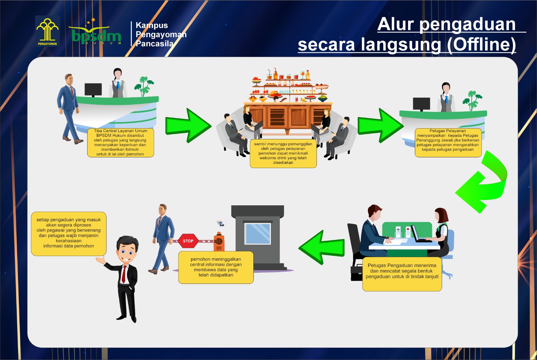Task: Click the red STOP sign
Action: [188, 241]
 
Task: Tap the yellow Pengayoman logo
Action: [47, 31]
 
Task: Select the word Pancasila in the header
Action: [154, 44]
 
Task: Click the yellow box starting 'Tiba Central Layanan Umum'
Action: [120, 143]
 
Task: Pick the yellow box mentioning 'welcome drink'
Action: [283, 153]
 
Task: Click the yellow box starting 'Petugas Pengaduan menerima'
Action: [402, 273]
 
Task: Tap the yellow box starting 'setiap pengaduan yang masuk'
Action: [68, 233]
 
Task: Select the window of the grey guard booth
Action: [257, 234]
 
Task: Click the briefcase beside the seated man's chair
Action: [356, 273]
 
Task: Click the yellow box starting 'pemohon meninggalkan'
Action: [216, 267]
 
